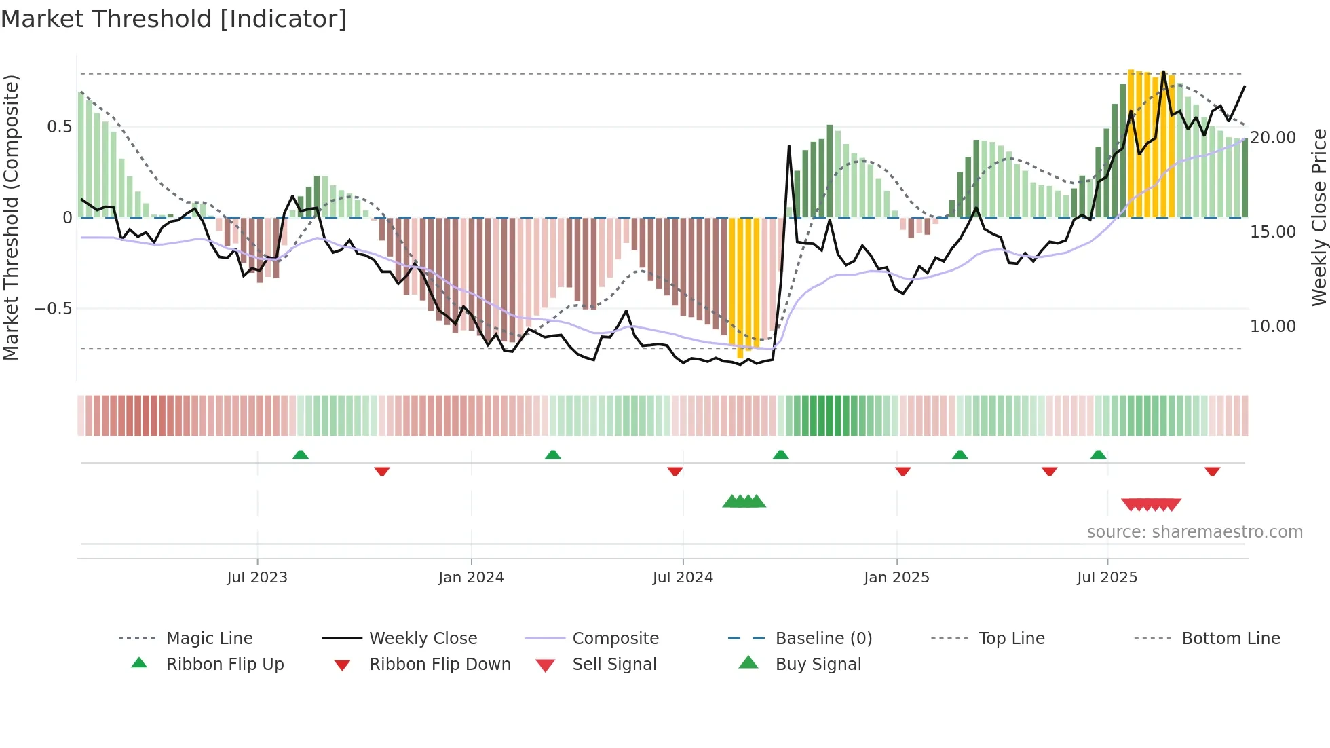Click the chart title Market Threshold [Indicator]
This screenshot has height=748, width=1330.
[x=174, y=19]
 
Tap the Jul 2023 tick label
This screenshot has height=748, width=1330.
[x=257, y=578]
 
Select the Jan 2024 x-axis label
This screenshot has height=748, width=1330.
[x=471, y=578]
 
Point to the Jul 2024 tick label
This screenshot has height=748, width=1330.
[x=683, y=578]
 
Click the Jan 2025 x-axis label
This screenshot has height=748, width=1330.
[x=896, y=578]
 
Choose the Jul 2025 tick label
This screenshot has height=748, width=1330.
[x=1107, y=578]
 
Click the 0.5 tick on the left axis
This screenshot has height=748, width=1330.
[x=59, y=127]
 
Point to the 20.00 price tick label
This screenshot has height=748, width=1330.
[x=1273, y=138]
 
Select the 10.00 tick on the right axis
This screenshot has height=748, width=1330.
[x=1273, y=326]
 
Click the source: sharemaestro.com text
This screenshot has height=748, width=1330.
[x=1194, y=532]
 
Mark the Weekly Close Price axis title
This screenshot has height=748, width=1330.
[x=1318, y=217]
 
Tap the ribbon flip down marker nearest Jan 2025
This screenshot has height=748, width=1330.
[x=902, y=471]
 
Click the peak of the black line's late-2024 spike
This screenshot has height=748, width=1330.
[x=789, y=145]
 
